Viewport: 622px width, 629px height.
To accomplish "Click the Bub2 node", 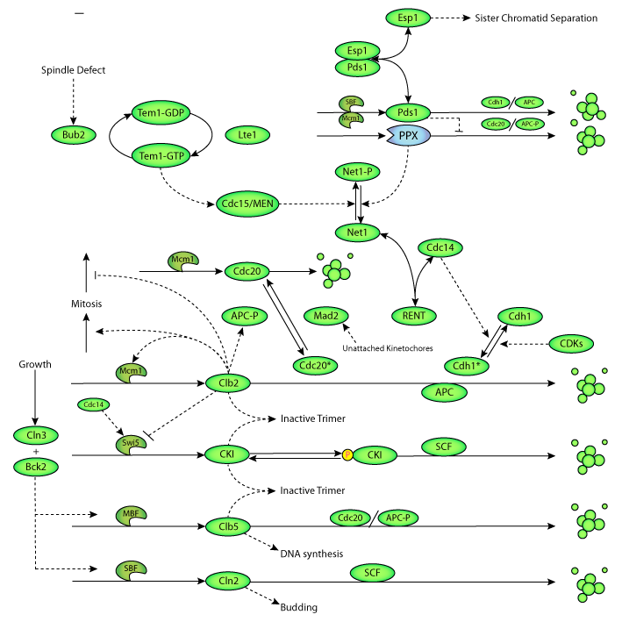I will [x=73, y=134].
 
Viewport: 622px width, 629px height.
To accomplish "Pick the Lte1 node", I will [x=247, y=134].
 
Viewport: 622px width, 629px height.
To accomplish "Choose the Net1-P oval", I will [x=356, y=172].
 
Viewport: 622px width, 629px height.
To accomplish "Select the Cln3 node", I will [x=36, y=434].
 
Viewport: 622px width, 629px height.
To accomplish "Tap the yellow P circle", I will [x=347, y=454].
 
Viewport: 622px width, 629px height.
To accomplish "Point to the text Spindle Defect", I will [x=73, y=70].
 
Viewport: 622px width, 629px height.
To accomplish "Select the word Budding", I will [x=298, y=606].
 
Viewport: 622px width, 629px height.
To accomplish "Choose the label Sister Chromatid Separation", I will [x=536, y=18].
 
